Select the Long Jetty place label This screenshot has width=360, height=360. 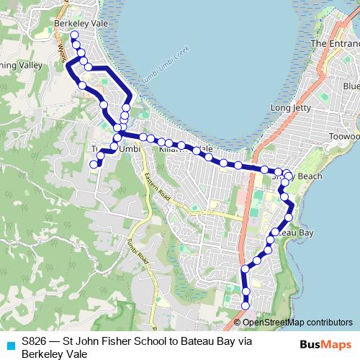289,108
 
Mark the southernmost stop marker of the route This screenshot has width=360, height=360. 246,303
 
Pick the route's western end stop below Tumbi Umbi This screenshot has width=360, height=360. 93,165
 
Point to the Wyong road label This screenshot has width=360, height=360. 61,50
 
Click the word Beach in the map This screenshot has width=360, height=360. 302,176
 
